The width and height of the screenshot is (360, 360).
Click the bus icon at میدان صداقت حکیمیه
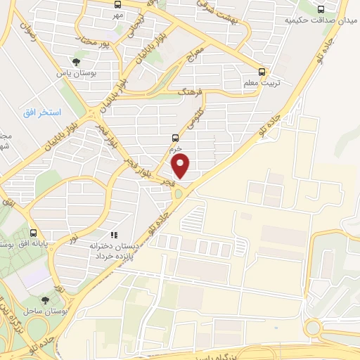click(321, 9)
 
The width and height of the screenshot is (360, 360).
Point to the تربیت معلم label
click(261, 83)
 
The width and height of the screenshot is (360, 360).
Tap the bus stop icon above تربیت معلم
click(262, 71)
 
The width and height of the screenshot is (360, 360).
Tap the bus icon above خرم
click(175, 139)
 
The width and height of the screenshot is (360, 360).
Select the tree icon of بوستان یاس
click(76, 62)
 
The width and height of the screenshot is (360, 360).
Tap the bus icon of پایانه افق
click(34, 233)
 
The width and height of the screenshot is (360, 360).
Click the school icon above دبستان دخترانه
click(115, 235)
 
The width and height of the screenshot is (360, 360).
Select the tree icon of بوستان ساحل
click(46, 300)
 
